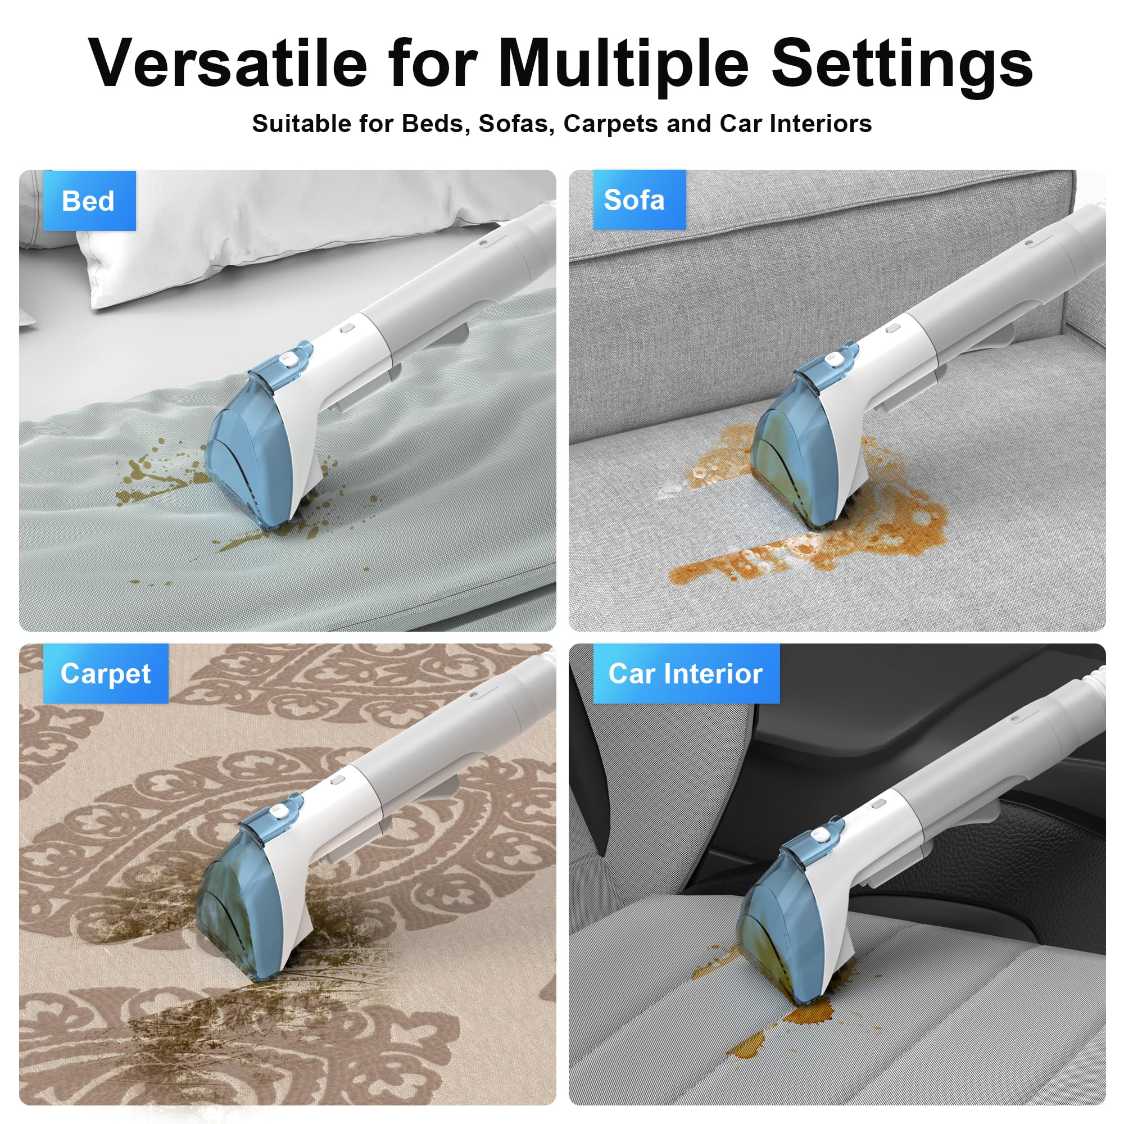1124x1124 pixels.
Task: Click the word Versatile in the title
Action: pyautogui.click(x=228, y=64)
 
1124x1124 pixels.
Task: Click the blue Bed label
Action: pyautogui.click(x=89, y=201)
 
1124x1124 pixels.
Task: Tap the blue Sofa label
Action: pyautogui.click(x=640, y=200)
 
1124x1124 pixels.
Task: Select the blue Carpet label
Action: pyautogui.click(x=106, y=673)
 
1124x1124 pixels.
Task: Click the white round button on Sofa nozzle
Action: pyautogui.click(x=836, y=360)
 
